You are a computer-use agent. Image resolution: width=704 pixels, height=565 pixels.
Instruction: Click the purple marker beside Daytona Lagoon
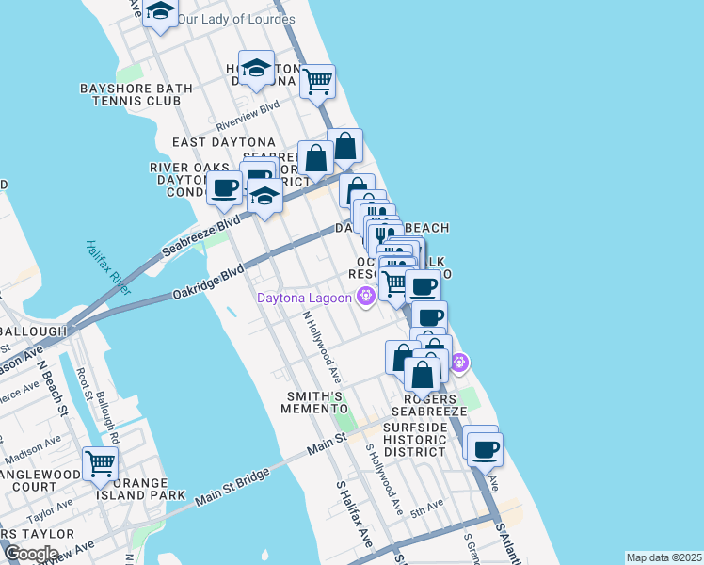[365, 299]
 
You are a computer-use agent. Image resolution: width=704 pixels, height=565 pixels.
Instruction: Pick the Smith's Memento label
[315, 402]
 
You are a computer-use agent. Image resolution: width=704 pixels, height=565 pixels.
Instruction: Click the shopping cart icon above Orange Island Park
[101, 461]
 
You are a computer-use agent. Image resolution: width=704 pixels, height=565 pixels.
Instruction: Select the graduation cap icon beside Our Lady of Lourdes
[161, 12]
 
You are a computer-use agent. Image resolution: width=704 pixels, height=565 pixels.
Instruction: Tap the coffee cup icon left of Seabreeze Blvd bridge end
[224, 188]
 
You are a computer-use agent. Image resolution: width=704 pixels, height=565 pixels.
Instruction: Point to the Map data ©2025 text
[664, 557]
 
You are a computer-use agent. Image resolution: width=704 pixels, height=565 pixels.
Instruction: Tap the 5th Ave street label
[427, 508]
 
